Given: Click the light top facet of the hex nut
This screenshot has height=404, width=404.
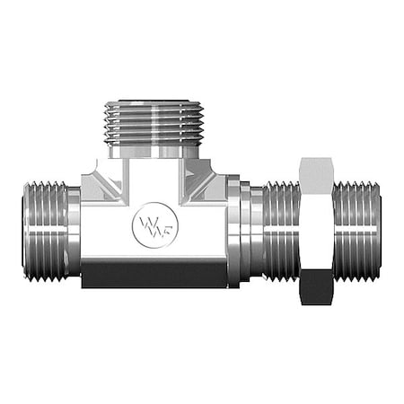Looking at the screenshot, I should pyautogui.click(x=316, y=168).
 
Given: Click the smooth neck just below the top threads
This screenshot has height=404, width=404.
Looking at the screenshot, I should pyautogui.click(x=150, y=154).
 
